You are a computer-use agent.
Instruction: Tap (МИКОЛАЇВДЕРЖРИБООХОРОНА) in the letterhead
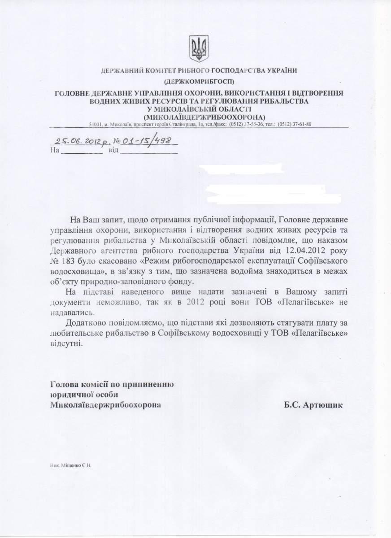197,117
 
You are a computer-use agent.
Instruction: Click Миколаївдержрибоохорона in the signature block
106,405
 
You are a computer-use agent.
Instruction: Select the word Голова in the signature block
63,384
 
